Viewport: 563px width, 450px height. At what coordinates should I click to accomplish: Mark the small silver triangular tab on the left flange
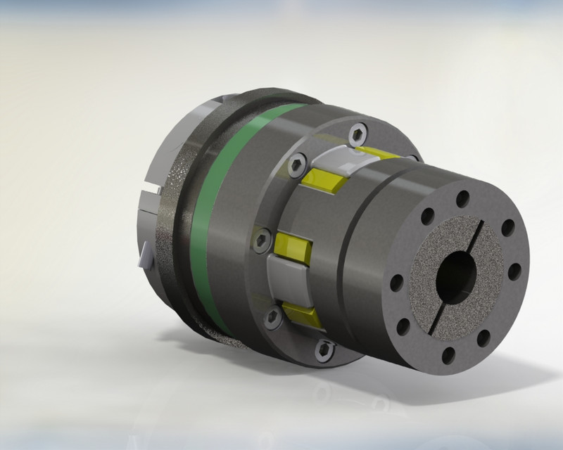pyautogui.click(x=146, y=257)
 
